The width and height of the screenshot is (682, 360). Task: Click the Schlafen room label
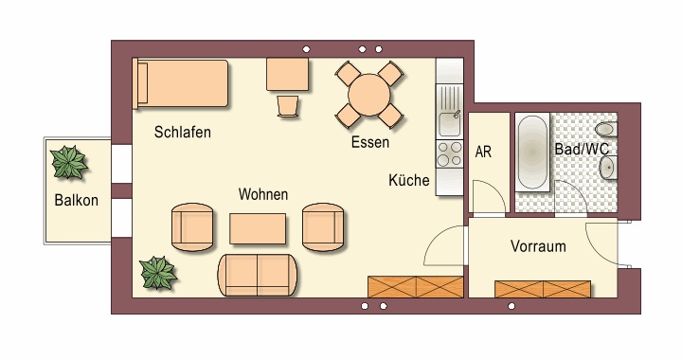pos(182,133)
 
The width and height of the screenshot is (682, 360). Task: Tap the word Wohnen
pos(263,194)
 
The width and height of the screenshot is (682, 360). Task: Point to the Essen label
pos(370,142)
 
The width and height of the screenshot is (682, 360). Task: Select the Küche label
pos(409,180)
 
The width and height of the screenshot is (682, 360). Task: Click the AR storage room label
pos(483,153)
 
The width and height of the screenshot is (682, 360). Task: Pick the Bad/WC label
pos(582,149)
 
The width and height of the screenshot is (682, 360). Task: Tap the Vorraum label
pos(538,246)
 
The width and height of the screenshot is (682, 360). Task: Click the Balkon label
pos(76,201)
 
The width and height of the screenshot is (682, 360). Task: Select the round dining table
pos(369,95)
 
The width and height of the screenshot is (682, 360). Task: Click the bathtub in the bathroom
pos(532,153)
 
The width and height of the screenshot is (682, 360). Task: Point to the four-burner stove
pos(449,154)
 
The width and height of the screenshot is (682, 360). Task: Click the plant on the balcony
pos(68,162)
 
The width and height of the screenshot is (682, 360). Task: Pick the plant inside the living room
pos(157,273)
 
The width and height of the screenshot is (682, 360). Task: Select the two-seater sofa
pos(258,276)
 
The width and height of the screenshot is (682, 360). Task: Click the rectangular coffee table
pos(258,228)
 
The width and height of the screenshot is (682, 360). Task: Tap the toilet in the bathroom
pos(606,129)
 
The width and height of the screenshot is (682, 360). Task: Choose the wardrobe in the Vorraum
pos(543,289)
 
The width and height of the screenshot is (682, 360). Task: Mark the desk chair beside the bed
pos(288,106)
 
